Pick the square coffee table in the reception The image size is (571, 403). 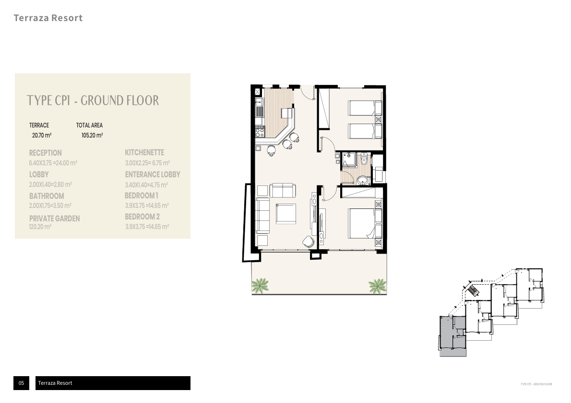coord(286,213)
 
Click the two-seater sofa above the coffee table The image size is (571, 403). coord(283,190)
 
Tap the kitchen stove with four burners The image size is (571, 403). coord(259,131)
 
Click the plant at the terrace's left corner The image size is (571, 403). coord(260,286)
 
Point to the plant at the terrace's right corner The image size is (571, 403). coord(377,286)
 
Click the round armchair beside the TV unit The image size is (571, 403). coord(308,241)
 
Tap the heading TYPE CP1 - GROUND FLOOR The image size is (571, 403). coord(93,100)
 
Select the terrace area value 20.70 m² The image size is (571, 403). coord(42,136)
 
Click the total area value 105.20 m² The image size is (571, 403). coord(92,136)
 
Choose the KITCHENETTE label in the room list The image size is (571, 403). coord(144,152)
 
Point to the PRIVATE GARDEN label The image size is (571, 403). coord(54,219)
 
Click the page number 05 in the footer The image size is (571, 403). coord(21,383)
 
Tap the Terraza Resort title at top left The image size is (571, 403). coord(48,18)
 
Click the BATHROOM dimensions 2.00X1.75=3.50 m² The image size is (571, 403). coord(50,206)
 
